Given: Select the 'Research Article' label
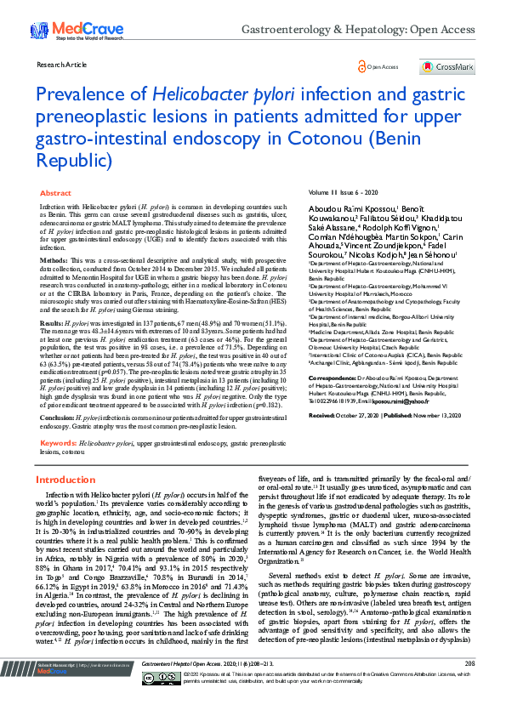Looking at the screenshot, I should (62, 65).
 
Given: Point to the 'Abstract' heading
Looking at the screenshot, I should (56, 194).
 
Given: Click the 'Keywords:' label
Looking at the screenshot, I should (59, 443).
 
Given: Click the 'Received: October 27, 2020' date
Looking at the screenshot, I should (349, 414).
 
